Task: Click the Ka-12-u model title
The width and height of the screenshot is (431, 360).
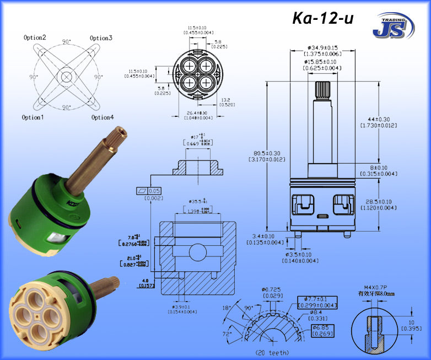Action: pos(322,18)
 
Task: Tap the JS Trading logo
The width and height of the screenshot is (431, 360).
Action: pos(393,25)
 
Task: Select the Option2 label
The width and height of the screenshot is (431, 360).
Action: pos(35,37)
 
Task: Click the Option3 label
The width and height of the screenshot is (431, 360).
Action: pos(101,38)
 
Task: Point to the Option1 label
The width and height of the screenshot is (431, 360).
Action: pos(34,117)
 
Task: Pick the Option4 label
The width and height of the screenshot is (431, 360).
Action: pos(103,117)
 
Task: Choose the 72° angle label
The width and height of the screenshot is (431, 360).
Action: pos(228,335)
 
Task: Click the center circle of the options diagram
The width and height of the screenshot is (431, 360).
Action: pos(67,77)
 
